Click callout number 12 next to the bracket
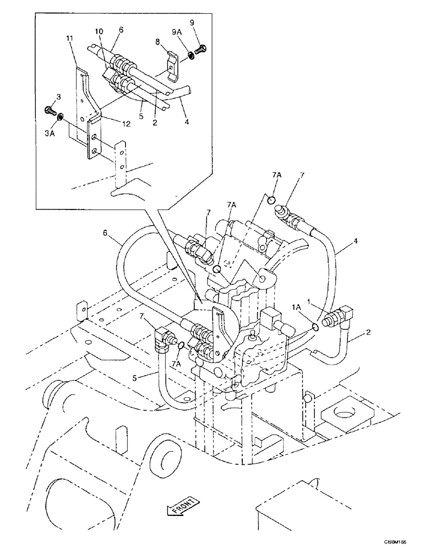[x=126, y=124]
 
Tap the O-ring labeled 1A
[x=314, y=327]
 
